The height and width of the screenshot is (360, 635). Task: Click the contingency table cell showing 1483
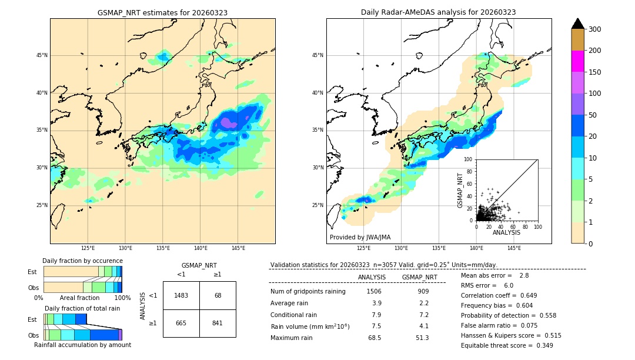click(x=181, y=295)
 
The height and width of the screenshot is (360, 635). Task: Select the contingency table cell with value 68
click(x=218, y=295)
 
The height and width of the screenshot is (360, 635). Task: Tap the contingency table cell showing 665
click(x=181, y=323)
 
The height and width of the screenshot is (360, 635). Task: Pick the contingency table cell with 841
click(x=218, y=323)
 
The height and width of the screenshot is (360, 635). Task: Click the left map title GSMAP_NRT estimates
click(x=162, y=12)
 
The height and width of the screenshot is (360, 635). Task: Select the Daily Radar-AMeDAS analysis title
click(x=439, y=12)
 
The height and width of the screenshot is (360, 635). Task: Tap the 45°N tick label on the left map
click(x=41, y=55)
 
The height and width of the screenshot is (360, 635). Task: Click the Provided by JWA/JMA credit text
click(x=360, y=238)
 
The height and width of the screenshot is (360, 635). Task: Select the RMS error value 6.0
click(x=509, y=285)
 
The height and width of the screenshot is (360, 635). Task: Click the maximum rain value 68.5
click(x=374, y=338)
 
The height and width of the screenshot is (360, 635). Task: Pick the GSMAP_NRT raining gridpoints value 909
click(x=423, y=291)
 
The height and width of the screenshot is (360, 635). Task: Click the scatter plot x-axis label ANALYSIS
click(x=506, y=233)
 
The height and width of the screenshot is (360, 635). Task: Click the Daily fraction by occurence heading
click(x=82, y=261)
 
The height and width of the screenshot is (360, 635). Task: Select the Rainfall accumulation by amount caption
click(x=82, y=345)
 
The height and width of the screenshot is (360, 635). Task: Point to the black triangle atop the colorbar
click(x=578, y=24)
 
